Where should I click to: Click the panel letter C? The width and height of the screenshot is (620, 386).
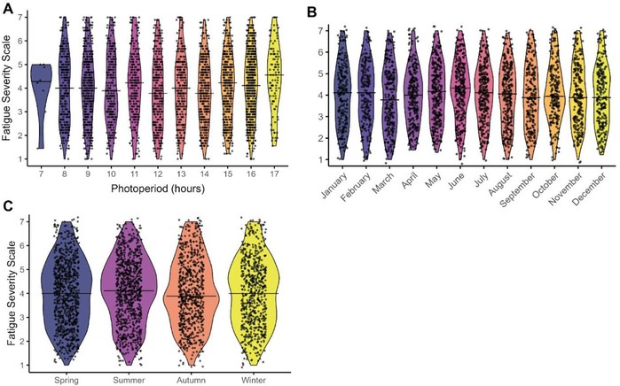(x=7, y=205)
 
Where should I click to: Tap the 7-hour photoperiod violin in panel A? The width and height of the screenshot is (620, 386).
(x=40, y=84)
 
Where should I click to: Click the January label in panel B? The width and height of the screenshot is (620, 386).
(x=335, y=185)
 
